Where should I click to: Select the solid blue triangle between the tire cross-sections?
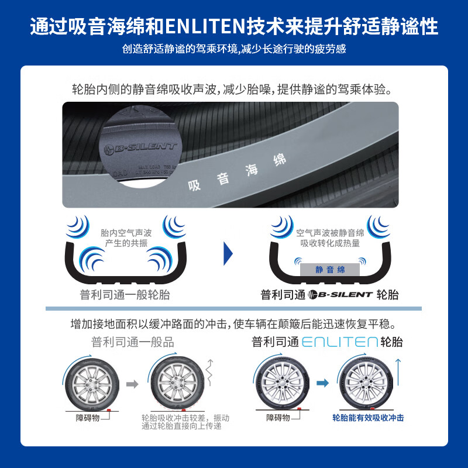point(229,253)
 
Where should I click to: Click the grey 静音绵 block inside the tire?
point(330,270)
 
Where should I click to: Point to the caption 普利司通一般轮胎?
point(125,295)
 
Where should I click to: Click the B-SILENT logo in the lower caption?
point(340,295)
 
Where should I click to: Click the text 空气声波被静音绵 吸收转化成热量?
point(329,238)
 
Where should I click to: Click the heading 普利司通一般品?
point(132,342)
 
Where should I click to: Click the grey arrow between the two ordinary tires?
point(133,384)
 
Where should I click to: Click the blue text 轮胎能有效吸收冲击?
point(368,418)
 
